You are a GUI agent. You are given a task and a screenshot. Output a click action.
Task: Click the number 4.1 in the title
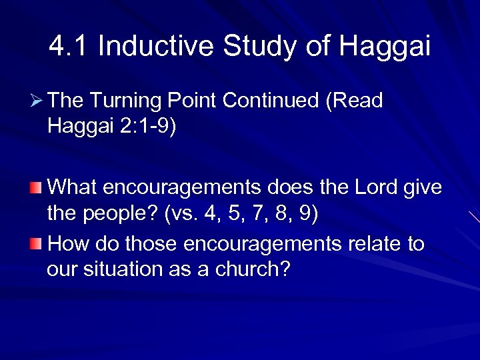(x=69, y=47)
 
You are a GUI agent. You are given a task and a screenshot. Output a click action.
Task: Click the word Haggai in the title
(x=385, y=47)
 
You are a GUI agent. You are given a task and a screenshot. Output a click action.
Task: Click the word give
(x=422, y=188)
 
